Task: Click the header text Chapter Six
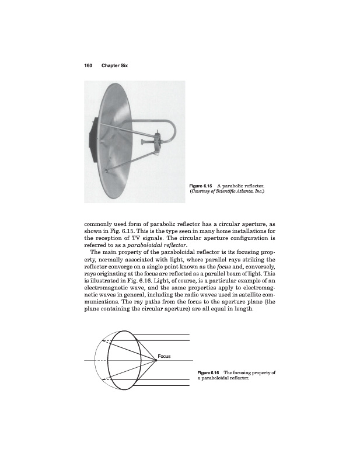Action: point(114,65)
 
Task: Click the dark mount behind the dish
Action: point(92,138)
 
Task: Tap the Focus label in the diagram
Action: point(164,356)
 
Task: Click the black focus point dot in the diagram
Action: point(156,361)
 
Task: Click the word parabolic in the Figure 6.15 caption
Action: point(235,184)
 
